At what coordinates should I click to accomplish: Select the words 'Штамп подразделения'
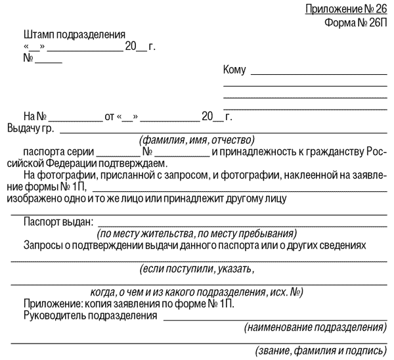pos(74,34)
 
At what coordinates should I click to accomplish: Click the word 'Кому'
pos(234,70)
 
